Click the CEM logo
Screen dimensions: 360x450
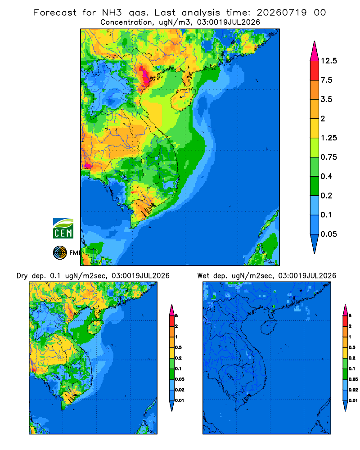point(63,229)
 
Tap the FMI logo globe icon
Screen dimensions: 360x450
point(60,253)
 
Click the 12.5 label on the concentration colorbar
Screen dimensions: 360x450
point(329,61)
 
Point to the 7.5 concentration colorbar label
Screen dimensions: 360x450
point(326,80)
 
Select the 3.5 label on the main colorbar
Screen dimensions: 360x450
point(326,99)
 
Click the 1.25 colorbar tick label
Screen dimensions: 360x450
point(329,138)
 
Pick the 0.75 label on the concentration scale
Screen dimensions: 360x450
point(329,157)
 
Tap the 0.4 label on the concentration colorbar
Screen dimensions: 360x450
point(326,176)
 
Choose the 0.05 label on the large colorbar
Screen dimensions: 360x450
point(329,234)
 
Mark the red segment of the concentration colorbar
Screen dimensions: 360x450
point(315,71)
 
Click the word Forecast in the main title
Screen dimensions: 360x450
point(55,13)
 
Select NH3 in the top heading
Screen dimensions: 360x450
point(112,13)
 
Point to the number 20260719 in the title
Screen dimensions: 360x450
point(282,13)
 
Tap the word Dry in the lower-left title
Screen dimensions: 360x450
point(22,276)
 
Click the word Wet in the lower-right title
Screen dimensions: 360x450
point(203,276)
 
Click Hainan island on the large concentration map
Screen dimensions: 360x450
point(183,99)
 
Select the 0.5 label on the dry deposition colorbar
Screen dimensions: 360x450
point(178,347)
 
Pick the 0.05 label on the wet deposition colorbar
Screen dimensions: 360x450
point(353,379)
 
